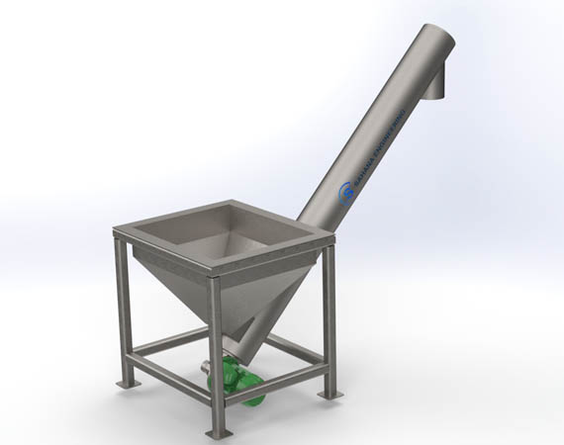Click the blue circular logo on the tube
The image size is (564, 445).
(346, 192)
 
